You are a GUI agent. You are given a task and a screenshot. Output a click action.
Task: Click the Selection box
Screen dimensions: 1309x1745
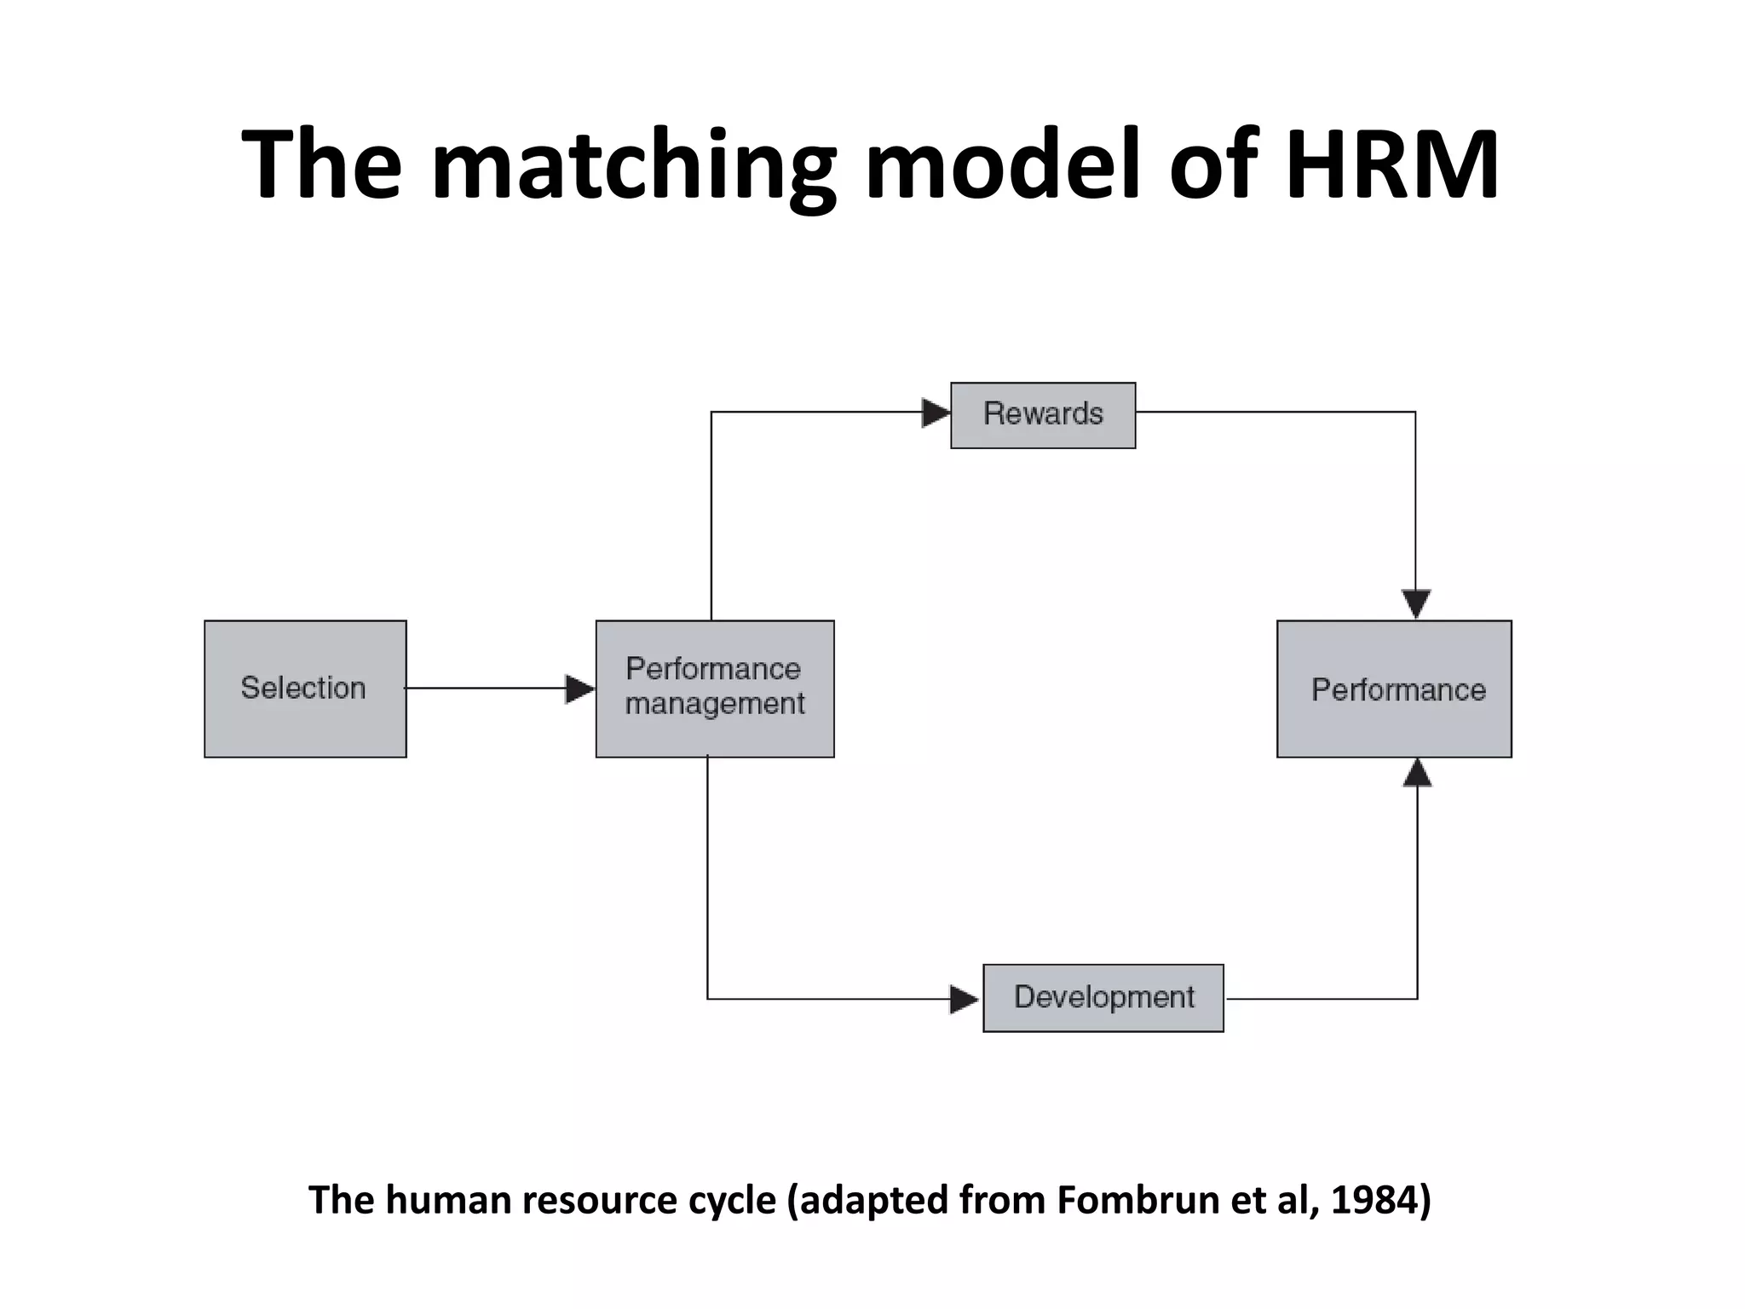(x=305, y=689)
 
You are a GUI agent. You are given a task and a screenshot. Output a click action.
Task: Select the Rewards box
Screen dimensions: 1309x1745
(x=1043, y=415)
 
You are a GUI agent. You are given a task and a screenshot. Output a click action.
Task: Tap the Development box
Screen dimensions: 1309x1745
(x=1103, y=998)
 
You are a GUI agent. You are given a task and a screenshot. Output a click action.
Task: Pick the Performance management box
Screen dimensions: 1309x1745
(x=714, y=689)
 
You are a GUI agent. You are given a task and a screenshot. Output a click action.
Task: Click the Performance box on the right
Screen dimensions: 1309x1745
(x=1394, y=689)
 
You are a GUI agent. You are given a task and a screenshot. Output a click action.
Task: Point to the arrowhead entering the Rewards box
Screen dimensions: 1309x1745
(x=936, y=413)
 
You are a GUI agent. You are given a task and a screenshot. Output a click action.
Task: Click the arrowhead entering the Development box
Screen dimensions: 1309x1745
(x=964, y=1000)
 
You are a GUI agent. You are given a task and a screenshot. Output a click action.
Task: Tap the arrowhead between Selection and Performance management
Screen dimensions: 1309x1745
(x=580, y=689)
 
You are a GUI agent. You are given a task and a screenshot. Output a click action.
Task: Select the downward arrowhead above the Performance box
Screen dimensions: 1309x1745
(x=1416, y=604)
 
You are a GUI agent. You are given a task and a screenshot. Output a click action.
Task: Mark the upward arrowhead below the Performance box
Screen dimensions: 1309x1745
(x=1417, y=773)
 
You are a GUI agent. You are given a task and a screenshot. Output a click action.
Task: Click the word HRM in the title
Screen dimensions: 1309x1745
(x=1391, y=164)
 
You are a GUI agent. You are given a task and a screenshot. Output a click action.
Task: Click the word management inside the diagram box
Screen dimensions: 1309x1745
(x=715, y=705)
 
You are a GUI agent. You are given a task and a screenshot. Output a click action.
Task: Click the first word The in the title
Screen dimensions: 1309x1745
(x=322, y=164)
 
